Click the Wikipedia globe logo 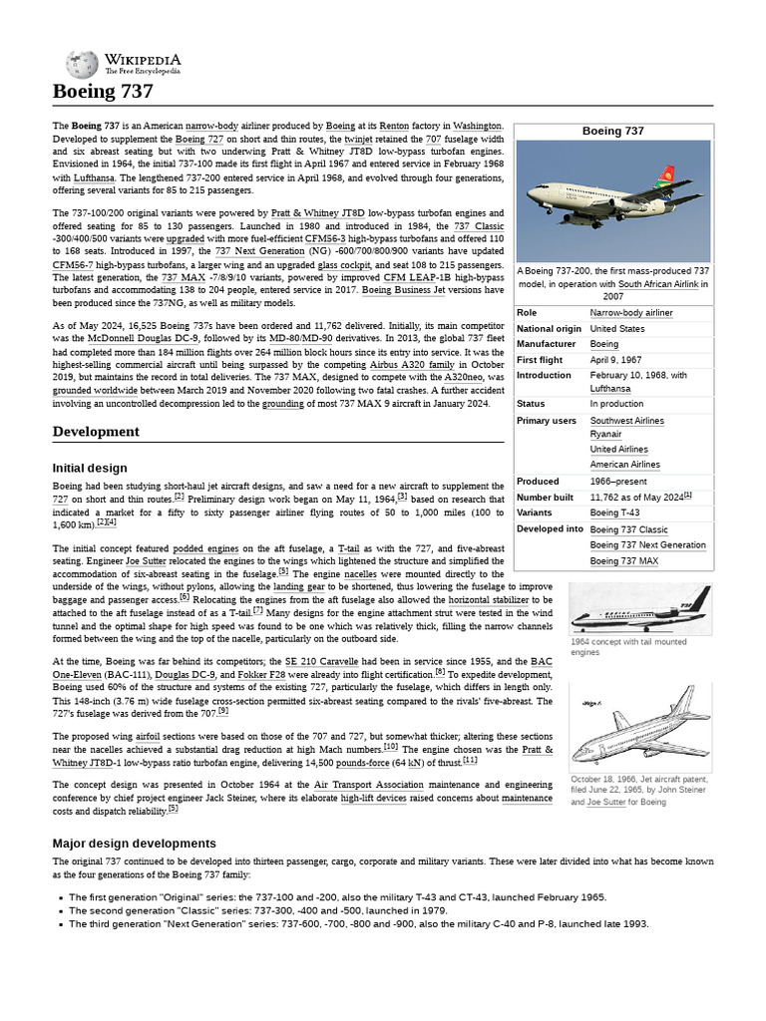[81, 65]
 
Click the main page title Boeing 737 [103, 92]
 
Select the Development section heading [96, 432]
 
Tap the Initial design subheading [90, 468]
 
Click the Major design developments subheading [134, 844]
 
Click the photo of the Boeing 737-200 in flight [613, 200]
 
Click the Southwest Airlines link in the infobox [626, 421]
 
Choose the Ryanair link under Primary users [605, 435]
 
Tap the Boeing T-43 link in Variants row [616, 512]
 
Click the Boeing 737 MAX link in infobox [623, 561]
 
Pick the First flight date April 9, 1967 [615, 360]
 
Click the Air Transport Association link [369, 786]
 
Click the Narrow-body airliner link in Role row [630, 313]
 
